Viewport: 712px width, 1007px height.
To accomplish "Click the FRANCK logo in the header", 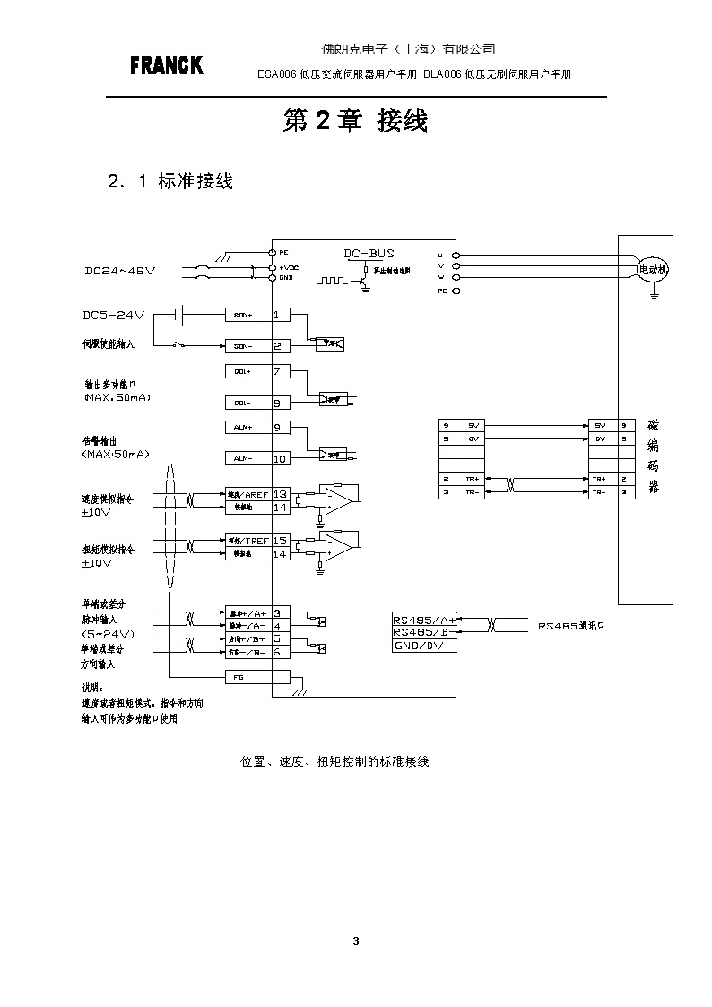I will tap(167, 65).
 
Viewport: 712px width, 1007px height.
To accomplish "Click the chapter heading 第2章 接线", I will tap(355, 121).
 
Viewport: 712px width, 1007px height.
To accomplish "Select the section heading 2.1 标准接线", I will tap(170, 181).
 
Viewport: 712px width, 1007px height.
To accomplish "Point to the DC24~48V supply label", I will tap(120, 271).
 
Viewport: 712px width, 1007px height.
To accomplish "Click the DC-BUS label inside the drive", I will tap(369, 254).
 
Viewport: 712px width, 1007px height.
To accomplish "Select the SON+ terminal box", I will tap(244, 315).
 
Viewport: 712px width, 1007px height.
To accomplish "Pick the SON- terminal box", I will tap(244, 345).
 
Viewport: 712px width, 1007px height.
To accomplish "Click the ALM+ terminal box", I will tap(244, 428).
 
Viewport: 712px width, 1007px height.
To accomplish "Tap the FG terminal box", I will tap(244, 678).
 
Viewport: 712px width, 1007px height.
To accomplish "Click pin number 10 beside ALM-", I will tap(279, 459).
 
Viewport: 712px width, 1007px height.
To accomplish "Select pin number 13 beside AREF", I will tap(280, 494).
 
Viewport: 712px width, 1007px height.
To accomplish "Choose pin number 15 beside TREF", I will tap(280, 541).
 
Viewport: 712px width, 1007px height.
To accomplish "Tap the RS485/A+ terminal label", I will tap(424, 619).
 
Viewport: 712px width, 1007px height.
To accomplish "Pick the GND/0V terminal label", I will tap(420, 646).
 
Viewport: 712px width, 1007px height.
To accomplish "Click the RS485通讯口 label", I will tap(571, 626).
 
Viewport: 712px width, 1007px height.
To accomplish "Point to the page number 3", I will tap(356, 941).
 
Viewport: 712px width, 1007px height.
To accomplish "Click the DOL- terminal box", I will tap(244, 403).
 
